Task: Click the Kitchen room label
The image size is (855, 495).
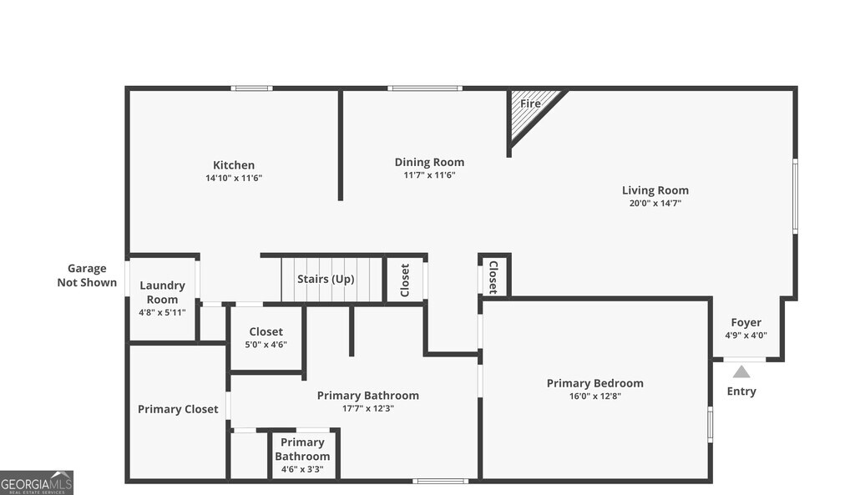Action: click(234, 165)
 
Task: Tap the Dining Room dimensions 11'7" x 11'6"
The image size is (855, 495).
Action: click(429, 175)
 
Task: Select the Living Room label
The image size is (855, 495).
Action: click(655, 190)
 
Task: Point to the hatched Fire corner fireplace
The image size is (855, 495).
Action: click(532, 112)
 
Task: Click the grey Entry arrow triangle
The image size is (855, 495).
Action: click(741, 371)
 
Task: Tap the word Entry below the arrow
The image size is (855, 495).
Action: click(741, 391)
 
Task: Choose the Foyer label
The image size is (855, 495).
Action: click(746, 322)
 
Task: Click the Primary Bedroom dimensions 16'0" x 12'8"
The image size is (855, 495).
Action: click(594, 397)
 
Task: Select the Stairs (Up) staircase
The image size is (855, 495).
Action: click(332, 279)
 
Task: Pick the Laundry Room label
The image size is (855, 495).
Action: click(162, 292)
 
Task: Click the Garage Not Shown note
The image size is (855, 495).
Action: click(87, 275)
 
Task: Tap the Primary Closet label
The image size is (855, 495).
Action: click(178, 409)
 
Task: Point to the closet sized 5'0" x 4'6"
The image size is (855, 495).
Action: click(266, 339)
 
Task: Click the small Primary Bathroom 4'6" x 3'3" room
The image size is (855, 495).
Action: click(302, 456)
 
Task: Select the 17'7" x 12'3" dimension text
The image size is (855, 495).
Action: click(368, 408)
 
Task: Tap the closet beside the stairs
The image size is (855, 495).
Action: click(405, 280)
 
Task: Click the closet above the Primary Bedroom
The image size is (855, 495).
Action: click(493, 277)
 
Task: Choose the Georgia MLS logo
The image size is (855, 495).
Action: click(37, 483)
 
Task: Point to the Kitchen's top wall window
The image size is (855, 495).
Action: click(251, 88)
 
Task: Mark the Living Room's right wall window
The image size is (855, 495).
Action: click(795, 196)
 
